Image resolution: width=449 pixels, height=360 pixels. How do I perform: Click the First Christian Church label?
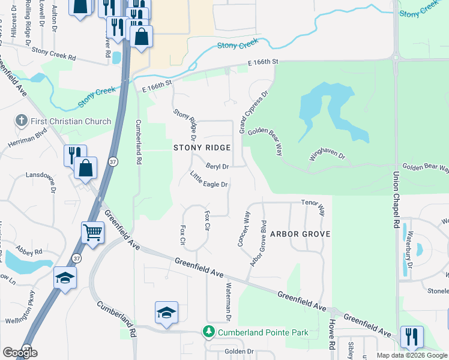pyautogui.click(x=72, y=121)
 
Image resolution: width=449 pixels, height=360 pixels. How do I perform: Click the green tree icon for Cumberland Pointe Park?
pyautogui.click(x=208, y=332)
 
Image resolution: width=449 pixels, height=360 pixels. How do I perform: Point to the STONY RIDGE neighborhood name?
pyautogui.click(x=202, y=148)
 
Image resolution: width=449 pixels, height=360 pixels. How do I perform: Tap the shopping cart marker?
pyautogui.click(x=92, y=232)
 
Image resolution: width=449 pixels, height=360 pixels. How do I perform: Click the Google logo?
pyautogui.click(x=20, y=353)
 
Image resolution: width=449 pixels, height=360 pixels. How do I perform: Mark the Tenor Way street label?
pyautogui.click(x=313, y=208)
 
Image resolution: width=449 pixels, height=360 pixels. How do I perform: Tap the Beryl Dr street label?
pyautogui.click(x=217, y=166)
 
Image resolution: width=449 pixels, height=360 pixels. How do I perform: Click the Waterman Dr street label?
pyautogui.click(x=228, y=301)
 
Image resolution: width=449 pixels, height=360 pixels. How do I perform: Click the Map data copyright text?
pyautogui.click(x=412, y=355)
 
